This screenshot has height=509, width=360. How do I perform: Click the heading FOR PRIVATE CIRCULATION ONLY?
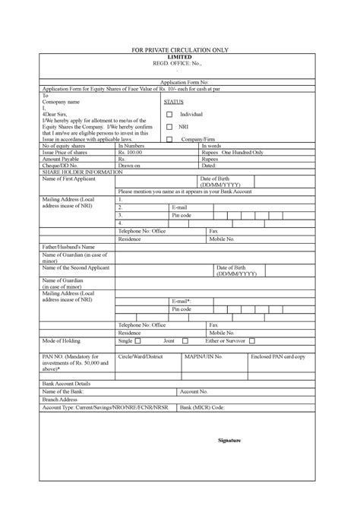[x=180, y=50]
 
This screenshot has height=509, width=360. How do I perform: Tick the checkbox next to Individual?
[x=169, y=115]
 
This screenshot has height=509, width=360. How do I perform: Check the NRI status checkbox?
[x=169, y=127]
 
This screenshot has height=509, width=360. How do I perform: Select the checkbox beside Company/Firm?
[x=169, y=140]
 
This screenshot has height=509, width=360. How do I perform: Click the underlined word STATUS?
[x=173, y=101]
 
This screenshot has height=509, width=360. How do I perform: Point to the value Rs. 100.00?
[x=131, y=153]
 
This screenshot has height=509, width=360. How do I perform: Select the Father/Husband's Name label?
[x=68, y=247]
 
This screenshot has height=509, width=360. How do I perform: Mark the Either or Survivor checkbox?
[x=251, y=342]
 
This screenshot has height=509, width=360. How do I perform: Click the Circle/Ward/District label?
[x=141, y=356]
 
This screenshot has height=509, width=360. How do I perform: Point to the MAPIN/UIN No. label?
[x=204, y=356]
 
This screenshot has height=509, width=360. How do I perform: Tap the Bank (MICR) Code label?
[x=202, y=407]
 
